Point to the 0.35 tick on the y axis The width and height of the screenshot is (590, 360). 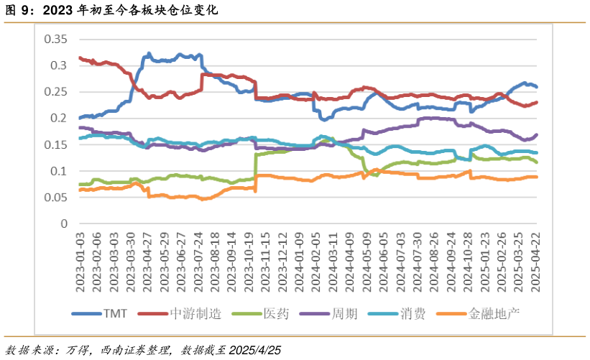55,39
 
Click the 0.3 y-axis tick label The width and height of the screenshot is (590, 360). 58,65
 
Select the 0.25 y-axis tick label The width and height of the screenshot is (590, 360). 55,92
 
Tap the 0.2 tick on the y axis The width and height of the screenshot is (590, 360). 58,118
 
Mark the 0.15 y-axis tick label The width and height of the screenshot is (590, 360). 55,144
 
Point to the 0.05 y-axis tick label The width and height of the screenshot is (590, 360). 55,198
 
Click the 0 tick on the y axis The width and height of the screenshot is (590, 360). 64,223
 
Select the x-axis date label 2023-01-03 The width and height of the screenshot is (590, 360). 80,259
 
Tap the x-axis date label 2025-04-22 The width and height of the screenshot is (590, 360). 535,259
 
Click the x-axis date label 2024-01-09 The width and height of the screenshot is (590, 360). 298,259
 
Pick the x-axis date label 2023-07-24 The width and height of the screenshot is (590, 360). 198,259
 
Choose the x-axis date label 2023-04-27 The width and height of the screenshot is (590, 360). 149,259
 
